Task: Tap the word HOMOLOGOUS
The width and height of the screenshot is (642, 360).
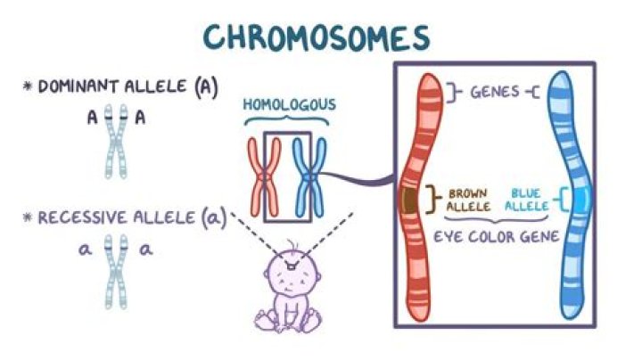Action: pyautogui.click(x=290, y=105)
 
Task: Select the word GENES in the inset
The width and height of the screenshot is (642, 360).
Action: pyautogui.click(x=497, y=91)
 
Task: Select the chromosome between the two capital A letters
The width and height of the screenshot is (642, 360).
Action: pyautogui.click(x=115, y=143)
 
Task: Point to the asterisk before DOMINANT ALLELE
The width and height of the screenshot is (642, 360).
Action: pyautogui.click(x=28, y=86)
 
